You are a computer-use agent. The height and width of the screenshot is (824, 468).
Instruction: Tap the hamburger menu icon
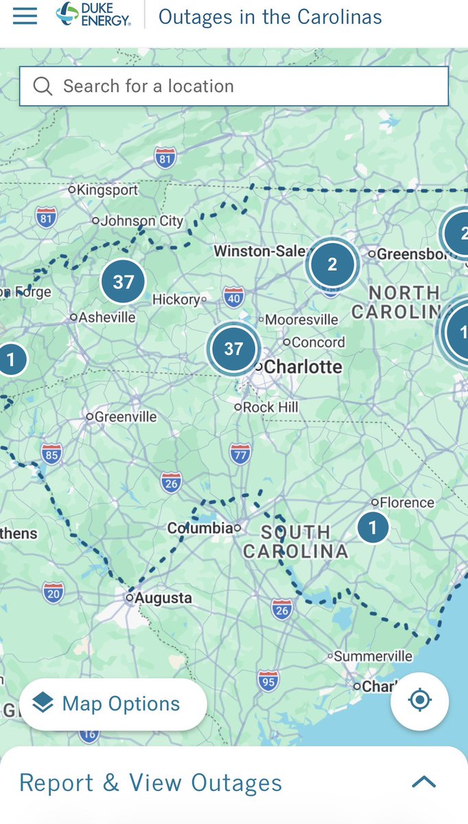25,16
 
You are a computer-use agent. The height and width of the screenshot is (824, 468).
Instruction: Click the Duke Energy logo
93,15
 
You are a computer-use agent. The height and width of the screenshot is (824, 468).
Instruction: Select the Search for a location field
233,86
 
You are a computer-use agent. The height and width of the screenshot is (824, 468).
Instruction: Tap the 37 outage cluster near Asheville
123,282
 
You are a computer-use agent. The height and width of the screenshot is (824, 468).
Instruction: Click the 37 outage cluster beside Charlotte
233,349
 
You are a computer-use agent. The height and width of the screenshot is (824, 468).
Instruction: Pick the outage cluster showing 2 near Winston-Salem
332,264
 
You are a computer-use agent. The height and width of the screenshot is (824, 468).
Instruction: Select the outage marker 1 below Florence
373,527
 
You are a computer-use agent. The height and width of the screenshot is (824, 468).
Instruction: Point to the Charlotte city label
303,367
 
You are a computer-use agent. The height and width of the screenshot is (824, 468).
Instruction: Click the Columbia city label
200,528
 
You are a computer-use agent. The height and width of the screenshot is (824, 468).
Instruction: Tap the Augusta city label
163,598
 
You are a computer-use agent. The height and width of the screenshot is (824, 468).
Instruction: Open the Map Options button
113,704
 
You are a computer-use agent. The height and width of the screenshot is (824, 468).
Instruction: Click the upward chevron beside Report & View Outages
423,782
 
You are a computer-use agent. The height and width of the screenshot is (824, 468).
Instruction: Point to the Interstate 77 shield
240,454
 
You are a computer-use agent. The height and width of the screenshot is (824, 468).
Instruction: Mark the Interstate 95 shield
268,680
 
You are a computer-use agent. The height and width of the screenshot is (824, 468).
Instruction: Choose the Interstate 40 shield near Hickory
234,298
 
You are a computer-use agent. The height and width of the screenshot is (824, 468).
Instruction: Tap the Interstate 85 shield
51,453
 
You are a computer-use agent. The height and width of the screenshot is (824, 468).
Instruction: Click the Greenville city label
125,417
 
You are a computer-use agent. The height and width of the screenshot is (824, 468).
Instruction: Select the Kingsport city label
107,190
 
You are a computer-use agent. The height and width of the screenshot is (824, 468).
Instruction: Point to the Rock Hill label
270,407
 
